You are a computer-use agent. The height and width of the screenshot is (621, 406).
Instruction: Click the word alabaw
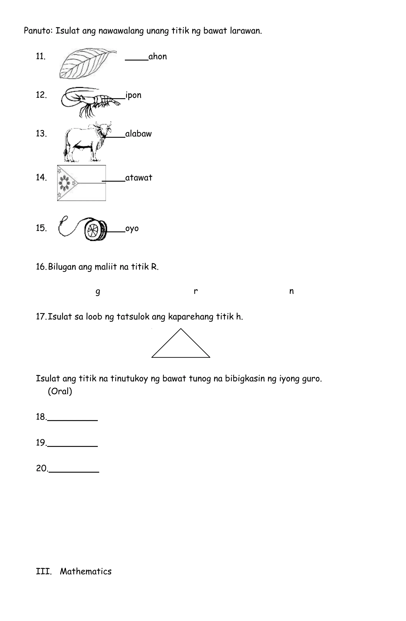[138, 134]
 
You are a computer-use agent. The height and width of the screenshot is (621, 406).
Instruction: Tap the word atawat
[139, 178]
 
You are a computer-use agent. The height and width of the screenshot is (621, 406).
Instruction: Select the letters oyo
[132, 229]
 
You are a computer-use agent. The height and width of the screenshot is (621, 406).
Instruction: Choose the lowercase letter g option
[98, 291]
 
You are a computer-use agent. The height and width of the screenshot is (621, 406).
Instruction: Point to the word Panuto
[38, 31]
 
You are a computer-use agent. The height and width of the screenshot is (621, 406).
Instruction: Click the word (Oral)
[60, 391]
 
